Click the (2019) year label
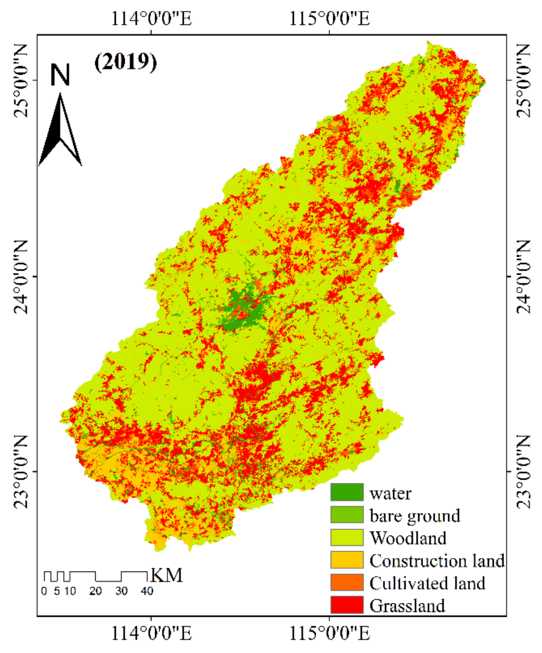point(125,62)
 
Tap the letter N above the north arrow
point(60,75)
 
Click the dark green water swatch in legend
point(347,492)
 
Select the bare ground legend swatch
point(347,514)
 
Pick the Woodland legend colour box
point(347,537)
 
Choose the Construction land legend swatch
point(347,560)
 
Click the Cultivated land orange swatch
point(347,582)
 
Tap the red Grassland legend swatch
point(347,605)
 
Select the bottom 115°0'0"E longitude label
point(329,633)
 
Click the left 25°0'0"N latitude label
point(21,80)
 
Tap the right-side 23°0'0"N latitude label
point(523,471)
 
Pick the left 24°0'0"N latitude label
point(21,276)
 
